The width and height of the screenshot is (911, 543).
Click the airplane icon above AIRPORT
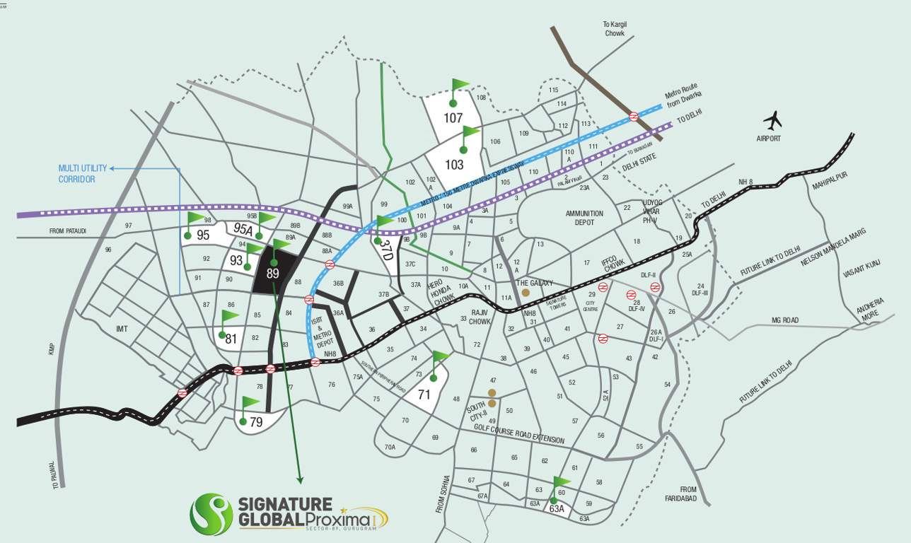point(772,119)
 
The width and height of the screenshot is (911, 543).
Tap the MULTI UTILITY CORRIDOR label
point(83,174)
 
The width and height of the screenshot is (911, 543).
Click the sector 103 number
point(454,165)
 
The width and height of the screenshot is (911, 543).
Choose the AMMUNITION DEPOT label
point(584,218)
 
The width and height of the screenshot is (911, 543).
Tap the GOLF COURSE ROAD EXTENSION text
point(519,433)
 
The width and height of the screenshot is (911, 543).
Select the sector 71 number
point(424,395)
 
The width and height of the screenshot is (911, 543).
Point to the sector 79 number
point(256,423)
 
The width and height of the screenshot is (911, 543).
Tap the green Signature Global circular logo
point(211,514)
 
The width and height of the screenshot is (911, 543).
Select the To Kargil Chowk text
point(615,28)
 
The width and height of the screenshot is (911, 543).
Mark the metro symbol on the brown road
point(634,117)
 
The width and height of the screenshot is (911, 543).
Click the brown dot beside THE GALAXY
point(526,292)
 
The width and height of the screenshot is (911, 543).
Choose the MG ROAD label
point(784,320)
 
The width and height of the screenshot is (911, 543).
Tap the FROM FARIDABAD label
point(688,494)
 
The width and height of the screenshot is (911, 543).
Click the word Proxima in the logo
point(339,521)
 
